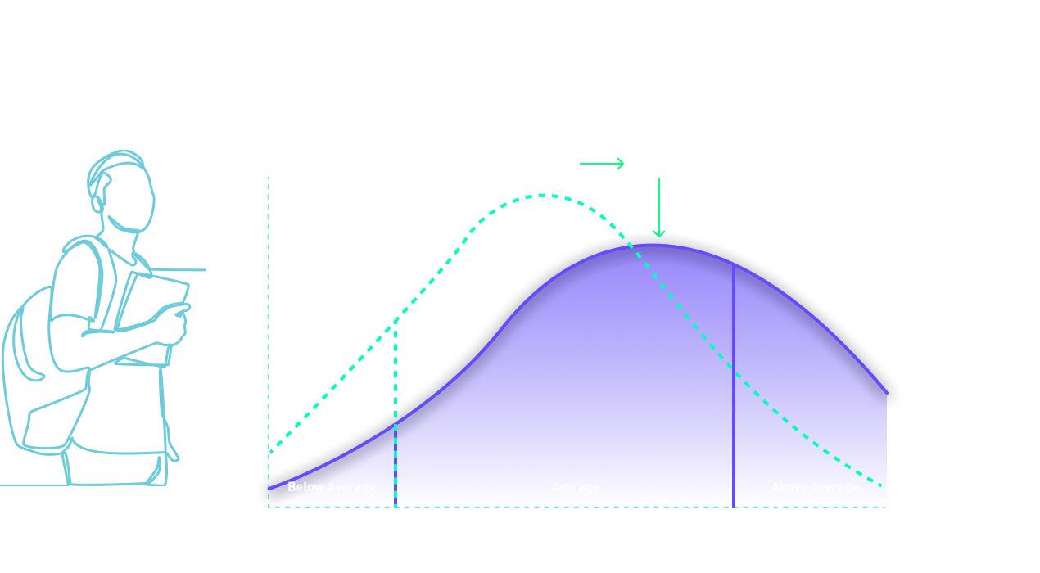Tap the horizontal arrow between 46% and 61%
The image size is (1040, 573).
click(x=602, y=165)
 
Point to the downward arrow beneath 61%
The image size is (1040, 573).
click(x=659, y=209)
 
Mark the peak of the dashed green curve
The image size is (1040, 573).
click(x=547, y=195)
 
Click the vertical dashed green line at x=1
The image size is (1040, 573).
click(x=396, y=409)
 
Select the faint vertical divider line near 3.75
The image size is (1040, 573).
click(x=733, y=385)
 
